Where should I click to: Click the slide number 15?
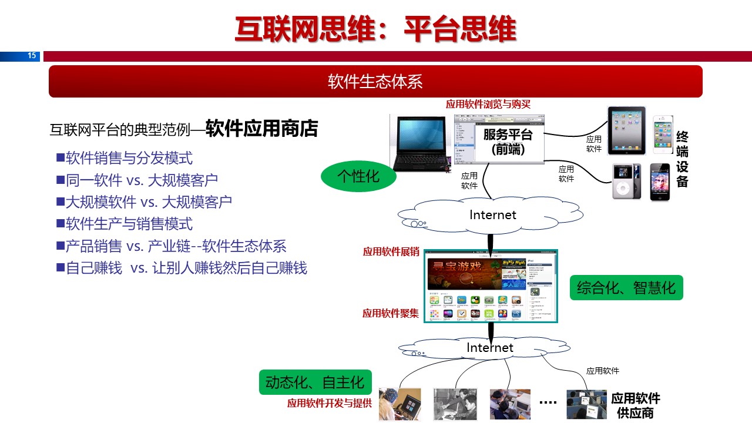[x=32, y=56]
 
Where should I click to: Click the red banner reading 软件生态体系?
[x=375, y=81]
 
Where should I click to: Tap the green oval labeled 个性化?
[x=358, y=176]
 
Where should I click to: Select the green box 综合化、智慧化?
[x=626, y=288]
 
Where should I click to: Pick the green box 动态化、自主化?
[x=315, y=382]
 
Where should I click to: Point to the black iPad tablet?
[x=626, y=130]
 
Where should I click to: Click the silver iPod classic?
[x=623, y=182]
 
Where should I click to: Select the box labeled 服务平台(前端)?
[x=508, y=142]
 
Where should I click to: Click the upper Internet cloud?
[x=492, y=215]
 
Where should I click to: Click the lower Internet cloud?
[x=489, y=348]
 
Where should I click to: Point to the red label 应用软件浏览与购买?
[x=488, y=105]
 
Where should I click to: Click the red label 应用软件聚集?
[x=391, y=313]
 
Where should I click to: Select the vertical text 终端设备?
[x=682, y=159]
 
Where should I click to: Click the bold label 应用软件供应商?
[x=636, y=405]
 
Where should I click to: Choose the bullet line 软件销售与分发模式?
[x=129, y=158]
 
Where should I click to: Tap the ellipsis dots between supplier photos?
[x=548, y=402]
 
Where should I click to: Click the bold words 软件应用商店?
[x=261, y=129]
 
